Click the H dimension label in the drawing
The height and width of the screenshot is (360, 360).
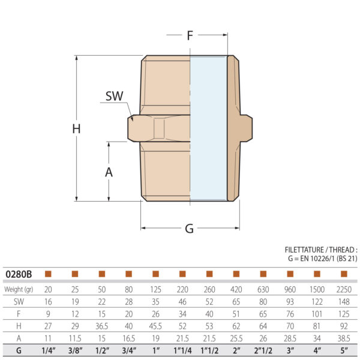coord(76,128)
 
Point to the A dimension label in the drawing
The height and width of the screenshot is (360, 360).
coord(109,172)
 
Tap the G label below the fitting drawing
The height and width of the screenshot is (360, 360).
coord(189,229)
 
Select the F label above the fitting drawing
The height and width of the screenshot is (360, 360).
coord(190,35)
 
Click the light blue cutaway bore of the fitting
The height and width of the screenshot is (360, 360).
coord(208,128)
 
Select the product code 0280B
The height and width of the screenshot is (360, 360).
coord(19,274)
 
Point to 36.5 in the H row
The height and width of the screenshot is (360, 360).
coord(102,326)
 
